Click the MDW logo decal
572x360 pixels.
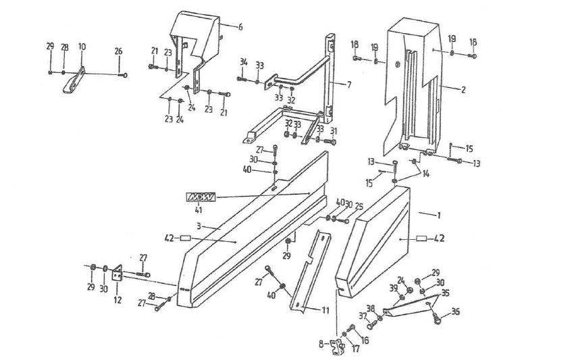[x=201, y=197]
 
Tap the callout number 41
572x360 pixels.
[x=199, y=209]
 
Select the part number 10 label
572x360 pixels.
[x=82, y=47]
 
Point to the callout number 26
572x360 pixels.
[x=118, y=51]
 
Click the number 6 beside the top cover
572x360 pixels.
[x=240, y=26]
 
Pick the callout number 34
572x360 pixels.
[x=243, y=62]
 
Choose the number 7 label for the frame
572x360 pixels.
[x=348, y=85]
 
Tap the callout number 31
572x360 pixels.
[x=333, y=131]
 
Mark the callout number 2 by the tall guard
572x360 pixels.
[x=464, y=88]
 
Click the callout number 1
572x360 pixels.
[x=438, y=215]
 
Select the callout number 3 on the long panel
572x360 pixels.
[x=200, y=225]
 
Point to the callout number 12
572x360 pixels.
[x=118, y=300]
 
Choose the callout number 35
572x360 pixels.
[x=445, y=293]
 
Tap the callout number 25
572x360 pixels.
[x=358, y=205]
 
